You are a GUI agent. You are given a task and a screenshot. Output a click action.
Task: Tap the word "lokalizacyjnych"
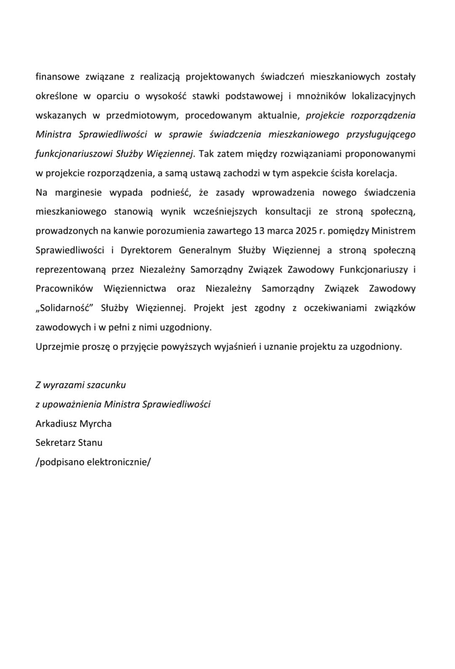click(x=383, y=96)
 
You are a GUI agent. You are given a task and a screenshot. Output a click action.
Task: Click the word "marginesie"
click(x=78, y=192)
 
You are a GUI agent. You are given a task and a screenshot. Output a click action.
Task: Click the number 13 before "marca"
click(x=260, y=231)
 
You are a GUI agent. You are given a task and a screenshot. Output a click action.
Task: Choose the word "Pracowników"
click(x=64, y=289)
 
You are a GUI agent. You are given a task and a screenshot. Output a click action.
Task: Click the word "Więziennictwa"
click(x=135, y=289)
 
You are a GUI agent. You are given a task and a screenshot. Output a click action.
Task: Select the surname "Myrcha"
click(x=96, y=424)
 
